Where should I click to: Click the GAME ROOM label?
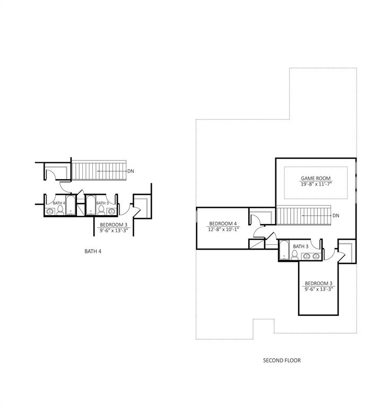(316, 178)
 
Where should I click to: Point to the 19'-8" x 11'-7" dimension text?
(316, 184)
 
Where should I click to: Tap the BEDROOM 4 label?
(223, 224)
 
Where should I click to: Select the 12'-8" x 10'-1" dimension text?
(223, 229)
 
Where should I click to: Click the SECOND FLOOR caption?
(282, 360)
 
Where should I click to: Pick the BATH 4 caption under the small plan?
(93, 251)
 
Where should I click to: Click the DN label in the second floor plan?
(336, 216)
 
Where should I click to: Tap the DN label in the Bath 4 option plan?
(131, 171)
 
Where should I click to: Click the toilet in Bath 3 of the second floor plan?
(294, 255)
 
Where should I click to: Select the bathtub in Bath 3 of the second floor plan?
(284, 250)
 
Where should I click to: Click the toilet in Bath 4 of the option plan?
(60, 210)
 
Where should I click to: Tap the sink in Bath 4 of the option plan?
(50, 211)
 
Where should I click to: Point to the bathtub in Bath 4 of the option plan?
(71, 205)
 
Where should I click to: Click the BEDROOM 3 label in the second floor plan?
(318, 284)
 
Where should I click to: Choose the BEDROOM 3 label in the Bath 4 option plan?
(114, 225)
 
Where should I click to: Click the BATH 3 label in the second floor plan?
(301, 246)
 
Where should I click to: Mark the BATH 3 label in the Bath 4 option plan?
(102, 203)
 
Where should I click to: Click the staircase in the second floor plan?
(303, 215)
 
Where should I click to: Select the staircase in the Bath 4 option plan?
(99, 171)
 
